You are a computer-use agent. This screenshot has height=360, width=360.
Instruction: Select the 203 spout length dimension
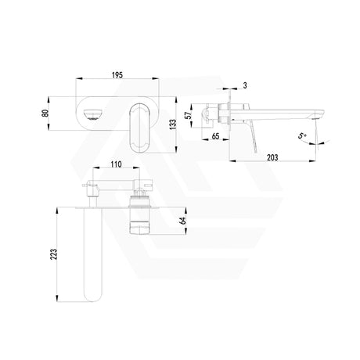(x=272, y=157)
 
